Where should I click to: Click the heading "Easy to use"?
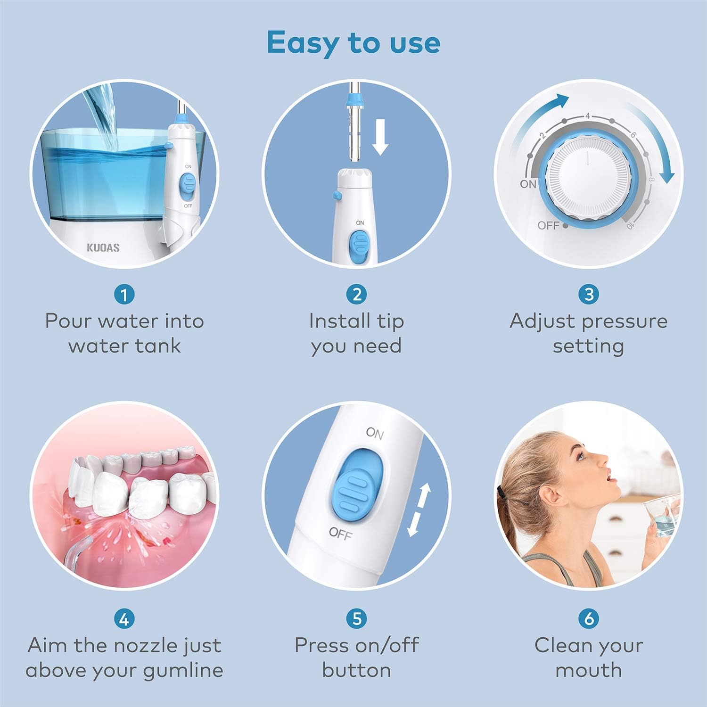[353, 42]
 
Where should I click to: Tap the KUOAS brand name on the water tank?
[103, 247]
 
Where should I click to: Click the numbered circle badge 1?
[124, 295]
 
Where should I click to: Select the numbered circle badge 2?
[356, 295]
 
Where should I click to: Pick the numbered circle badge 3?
[589, 295]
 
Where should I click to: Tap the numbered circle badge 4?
[124, 618]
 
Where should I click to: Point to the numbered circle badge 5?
[356, 618]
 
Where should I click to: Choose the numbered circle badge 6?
[589, 618]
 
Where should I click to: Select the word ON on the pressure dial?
[528, 184]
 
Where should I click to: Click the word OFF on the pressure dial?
[548, 226]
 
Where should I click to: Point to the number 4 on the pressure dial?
[588, 116]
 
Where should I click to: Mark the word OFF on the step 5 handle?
[340, 534]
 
